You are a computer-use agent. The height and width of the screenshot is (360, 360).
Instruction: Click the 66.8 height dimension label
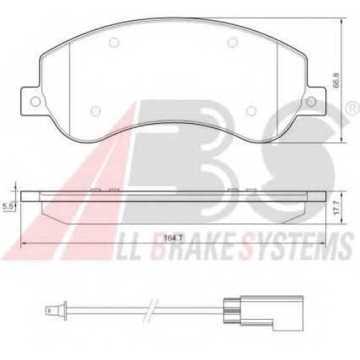tap(337, 81)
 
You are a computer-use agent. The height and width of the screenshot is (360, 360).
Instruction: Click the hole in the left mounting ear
tap(35, 102)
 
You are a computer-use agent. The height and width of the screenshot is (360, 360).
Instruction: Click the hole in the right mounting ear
tap(312, 101)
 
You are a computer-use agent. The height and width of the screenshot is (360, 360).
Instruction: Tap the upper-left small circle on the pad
tap(113, 42)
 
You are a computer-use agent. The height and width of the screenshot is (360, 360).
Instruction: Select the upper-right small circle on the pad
tap(232, 42)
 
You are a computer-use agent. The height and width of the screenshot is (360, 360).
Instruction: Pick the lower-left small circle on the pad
tap(95, 110)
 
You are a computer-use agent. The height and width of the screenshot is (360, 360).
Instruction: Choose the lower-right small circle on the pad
tap(251, 110)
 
